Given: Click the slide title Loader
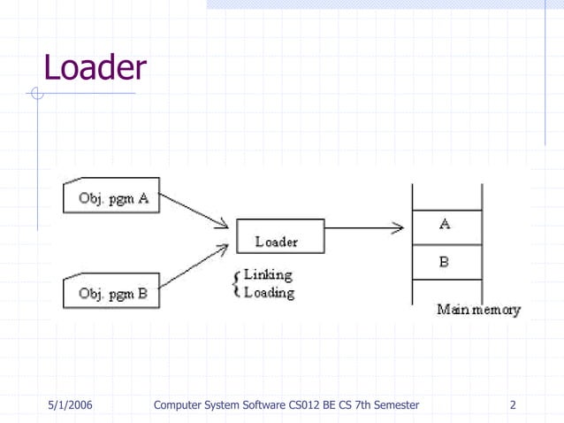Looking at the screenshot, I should [95, 67].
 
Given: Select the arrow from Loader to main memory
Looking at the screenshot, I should [363, 229].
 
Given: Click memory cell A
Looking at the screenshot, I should [446, 225].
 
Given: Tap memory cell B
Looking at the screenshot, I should [446, 262].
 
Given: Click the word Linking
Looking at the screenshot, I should [269, 276].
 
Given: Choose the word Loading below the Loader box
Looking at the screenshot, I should [269, 292].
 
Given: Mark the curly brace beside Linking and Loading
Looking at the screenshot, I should [234, 284].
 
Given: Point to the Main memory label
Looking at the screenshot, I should [478, 311].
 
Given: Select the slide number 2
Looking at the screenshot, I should [513, 406].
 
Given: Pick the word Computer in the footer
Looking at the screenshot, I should [180, 406].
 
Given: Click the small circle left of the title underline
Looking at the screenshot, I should [36, 91].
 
